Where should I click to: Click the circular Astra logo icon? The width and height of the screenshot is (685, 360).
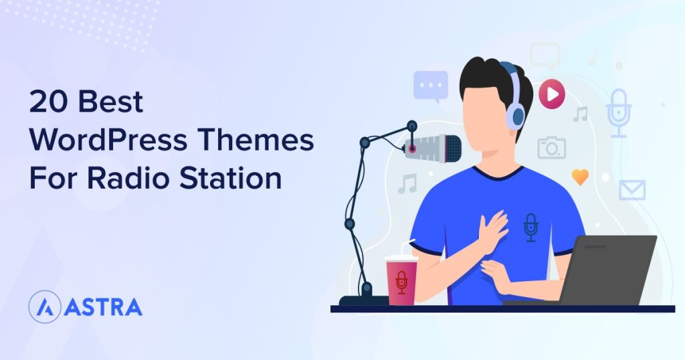pyautogui.click(x=44, y=307)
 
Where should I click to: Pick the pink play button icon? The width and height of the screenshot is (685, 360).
pyautogui.click(x=552, y=94)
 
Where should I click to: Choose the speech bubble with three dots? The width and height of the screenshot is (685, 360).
pyautogui.click(x=430, y=86)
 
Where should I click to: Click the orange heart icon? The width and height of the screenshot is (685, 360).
pyautogui.click(x=580, y=177)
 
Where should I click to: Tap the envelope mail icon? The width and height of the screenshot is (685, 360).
pyautogui.click(x=631, y=190)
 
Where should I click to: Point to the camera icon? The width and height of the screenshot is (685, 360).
pyautogui.click(x=552, y=148)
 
